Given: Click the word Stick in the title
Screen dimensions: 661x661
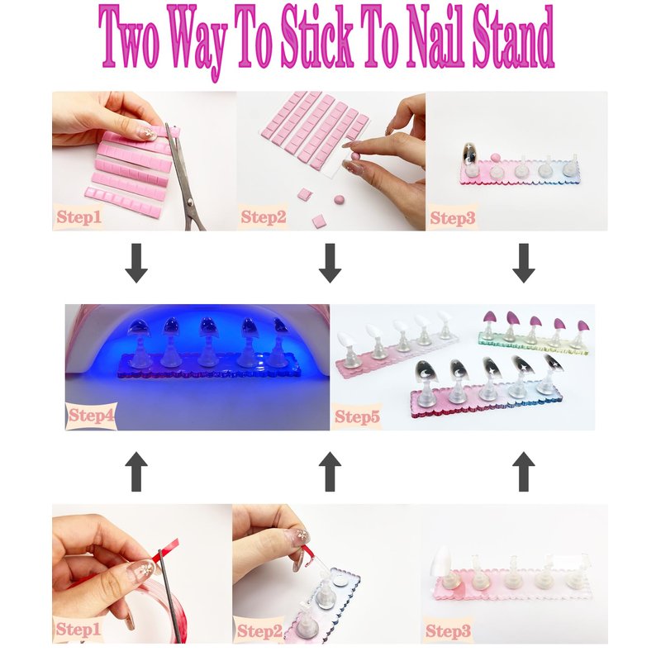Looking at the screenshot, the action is (316, 39).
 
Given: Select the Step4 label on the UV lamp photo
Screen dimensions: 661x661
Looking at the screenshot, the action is (91, 416).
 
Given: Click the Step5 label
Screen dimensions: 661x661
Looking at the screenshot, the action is (357, 416).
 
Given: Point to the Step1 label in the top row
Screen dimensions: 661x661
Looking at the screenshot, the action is (78, 216).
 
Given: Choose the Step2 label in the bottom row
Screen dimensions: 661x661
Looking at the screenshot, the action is (259, 631).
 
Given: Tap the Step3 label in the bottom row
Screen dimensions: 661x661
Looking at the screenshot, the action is (448, 631).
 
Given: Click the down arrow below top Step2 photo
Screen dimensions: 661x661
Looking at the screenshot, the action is (330, 263).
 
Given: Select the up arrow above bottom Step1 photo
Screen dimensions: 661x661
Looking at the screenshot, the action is (136, 471).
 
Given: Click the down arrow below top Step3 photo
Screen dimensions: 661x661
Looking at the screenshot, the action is (524, 263).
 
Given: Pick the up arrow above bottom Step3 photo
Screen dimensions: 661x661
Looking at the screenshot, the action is (524, 471).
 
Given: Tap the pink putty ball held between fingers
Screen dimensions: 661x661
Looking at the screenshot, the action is (356, 156).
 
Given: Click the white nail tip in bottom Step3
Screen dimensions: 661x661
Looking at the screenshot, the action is (441, 560).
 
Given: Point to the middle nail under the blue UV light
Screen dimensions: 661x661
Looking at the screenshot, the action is (208, 326).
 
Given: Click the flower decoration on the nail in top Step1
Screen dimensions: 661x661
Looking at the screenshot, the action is (149, 133).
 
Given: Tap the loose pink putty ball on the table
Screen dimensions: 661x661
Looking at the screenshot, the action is (338, 199).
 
